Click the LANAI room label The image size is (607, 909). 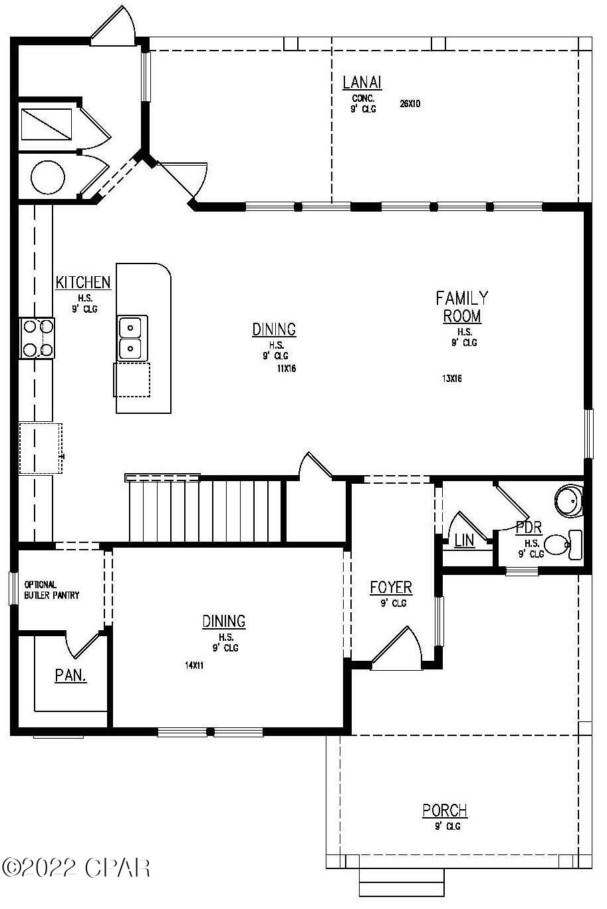362,83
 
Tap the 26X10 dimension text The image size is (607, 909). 410,104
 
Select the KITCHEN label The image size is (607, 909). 83,283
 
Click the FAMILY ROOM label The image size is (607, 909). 462,307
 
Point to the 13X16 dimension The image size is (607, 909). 451,379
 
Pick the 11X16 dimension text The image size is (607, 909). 286,368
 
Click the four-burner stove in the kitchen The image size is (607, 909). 37,338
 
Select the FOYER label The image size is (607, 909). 391,588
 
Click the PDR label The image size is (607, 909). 529,528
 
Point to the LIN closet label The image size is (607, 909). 464,540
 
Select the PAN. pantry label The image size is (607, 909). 70,675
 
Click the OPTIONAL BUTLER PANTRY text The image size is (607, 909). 51,590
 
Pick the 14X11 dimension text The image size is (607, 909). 194,665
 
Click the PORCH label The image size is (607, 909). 445,811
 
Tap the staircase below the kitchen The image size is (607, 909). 206,510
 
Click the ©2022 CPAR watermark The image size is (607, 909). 76,868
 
